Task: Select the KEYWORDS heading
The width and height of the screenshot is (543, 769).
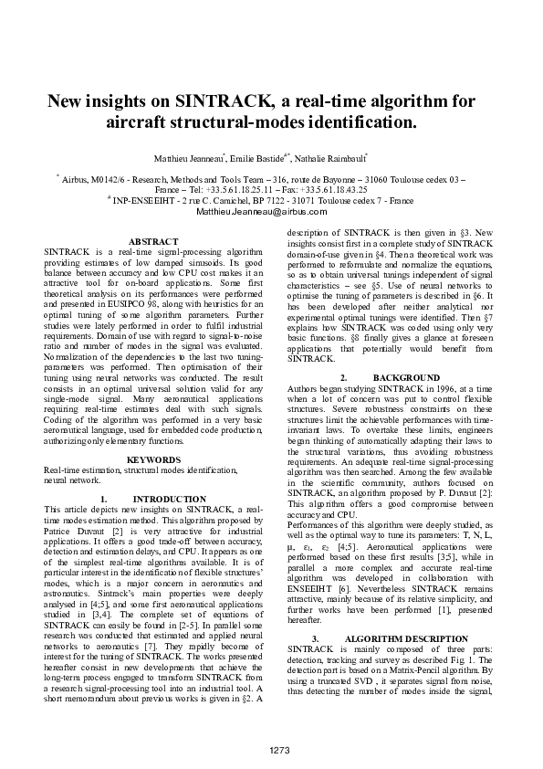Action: pos(152,459)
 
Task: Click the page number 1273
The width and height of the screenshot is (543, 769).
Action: pos(279,750)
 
